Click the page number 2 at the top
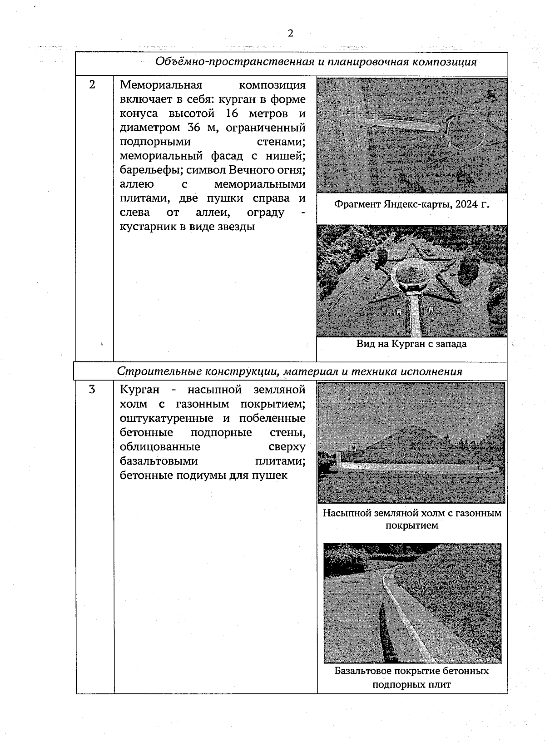(x=290, y=33)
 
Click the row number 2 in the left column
(x=92, y=84)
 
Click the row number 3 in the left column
(x=92, y=389)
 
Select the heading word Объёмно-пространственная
(x=234, y=62)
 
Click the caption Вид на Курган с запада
(x=411, y=344)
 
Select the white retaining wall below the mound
(x=409, y=467)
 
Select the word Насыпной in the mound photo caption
(x=347, y=513)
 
